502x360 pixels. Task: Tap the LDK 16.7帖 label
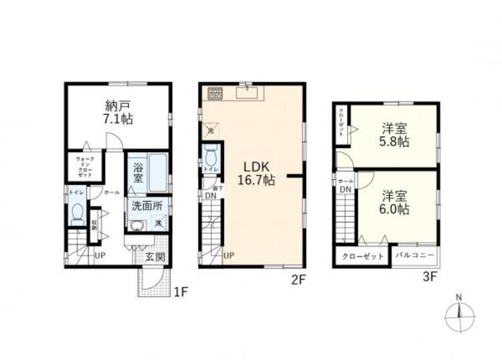256,173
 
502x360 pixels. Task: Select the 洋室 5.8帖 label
395,134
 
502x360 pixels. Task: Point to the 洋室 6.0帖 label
395,201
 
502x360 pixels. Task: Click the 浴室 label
139,173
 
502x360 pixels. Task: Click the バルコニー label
415,256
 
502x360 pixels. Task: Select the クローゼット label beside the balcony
363,256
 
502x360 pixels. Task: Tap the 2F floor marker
298,282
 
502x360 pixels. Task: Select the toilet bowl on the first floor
76,215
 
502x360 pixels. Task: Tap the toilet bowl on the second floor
212,159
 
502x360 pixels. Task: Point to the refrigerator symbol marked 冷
211,129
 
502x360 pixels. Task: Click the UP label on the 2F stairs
229,255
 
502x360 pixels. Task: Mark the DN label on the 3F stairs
345,189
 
